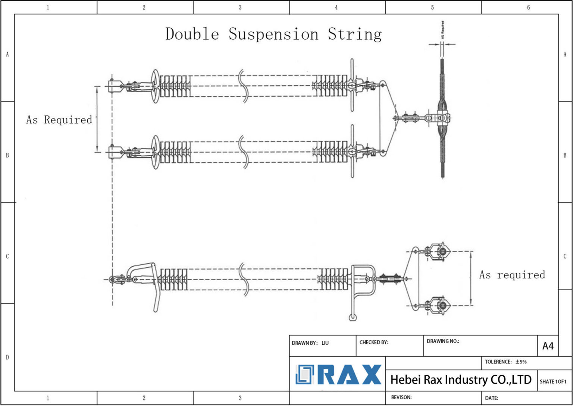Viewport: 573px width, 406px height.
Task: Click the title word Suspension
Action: pyautogui.click(x=273, y=34)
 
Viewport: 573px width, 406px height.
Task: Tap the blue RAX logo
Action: pyautogui.click(x=338, y=374)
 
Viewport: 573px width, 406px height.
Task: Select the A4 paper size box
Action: pyautogui.click(x=548, y=346)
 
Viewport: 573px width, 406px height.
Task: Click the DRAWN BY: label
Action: pyautogui.click(x=304, y=343)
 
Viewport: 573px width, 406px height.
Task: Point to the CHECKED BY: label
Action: pyautogui.click(x=374, y=342)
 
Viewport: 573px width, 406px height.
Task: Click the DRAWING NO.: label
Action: pyautogui.click(x=443, y=341)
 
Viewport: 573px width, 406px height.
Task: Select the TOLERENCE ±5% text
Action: pyautogui.click(x=505, y=362)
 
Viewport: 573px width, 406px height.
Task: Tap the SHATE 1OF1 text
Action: pyautogui.click(x=553, y=381)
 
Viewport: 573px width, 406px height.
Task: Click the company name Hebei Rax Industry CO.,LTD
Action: pyautogui.click(x=461, y=380)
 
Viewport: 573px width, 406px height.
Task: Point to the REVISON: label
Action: pyautogui.click(x=401, y=397)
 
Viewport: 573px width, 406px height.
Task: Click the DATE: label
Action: pyautogui.click(x=491, y=398)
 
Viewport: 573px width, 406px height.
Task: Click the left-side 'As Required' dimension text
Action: pyautogui.click(x=59, y=120)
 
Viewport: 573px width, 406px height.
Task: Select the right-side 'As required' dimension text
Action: pyautogui.click(x=512, y=275)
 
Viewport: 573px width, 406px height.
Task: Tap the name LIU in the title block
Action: pyautogui.click(x=325, y=343)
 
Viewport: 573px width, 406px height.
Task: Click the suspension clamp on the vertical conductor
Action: pyautogui.click(x=442, y=118)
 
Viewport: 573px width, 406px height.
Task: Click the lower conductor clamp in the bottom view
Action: pyautogui.click(x=441, y=306)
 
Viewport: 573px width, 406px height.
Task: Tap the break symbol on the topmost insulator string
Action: pyautogui.click(x=243, y=86)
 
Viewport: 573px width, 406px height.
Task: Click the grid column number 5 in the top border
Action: pyautogui.click(x=432, y=7)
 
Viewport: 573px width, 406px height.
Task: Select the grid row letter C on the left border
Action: pyautogui.click(x=7, y=256)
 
